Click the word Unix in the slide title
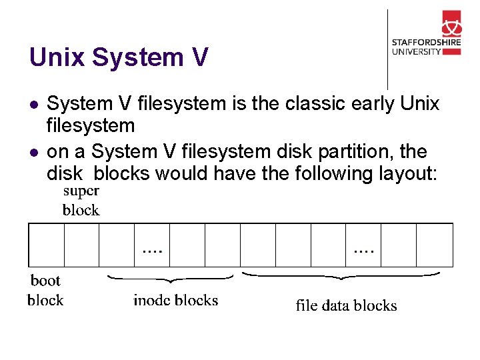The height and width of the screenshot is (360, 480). point(57,57)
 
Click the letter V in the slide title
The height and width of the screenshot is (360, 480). point(199,57)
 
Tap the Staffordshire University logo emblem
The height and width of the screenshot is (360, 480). point(451,26)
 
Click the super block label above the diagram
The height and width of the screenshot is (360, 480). point(81,201)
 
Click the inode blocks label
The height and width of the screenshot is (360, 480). point(175,301)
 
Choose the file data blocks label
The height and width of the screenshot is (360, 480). point(346,306)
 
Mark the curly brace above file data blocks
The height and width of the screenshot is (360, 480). point(340,274)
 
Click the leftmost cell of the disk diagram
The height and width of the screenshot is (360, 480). point(46,245)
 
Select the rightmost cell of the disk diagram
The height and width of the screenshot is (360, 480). point(435,245)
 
